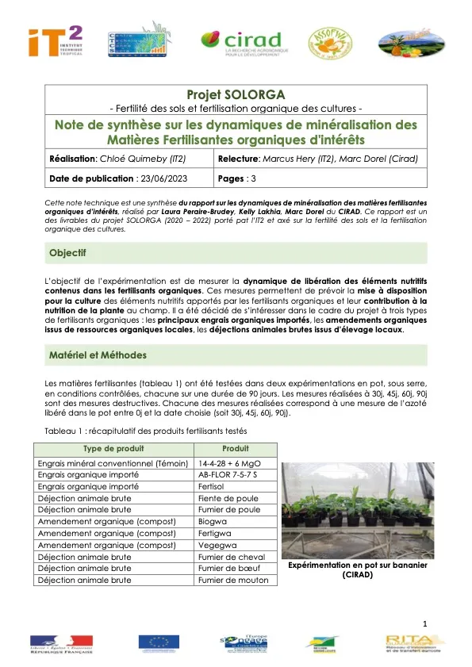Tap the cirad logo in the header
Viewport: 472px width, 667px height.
(240, 44)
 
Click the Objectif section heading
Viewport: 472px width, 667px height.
(67, 253)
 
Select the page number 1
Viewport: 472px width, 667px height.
(425, 624)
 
